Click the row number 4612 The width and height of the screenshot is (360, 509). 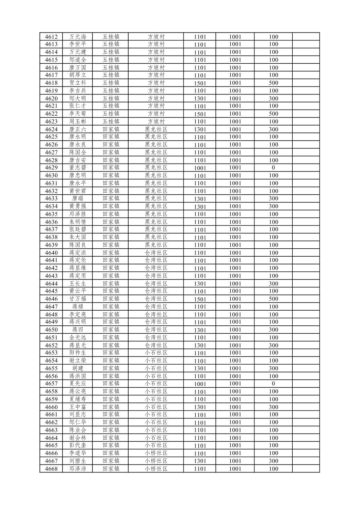(x=51, y=37)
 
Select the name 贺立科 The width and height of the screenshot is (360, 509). (x=78, y=83)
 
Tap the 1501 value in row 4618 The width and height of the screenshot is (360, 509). (x=200, y=83)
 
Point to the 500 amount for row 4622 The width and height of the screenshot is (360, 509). (x=273, y=114)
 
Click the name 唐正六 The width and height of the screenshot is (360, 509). (x=78, y=129)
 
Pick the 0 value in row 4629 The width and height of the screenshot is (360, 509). (x=273, y=168)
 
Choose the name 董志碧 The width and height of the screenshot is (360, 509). (x=78, y=168)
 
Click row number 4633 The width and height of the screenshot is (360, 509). (x=51, y=198)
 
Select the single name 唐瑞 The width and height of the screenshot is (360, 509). (x=78, y=198)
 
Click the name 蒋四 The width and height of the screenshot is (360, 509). (x=78, y=330)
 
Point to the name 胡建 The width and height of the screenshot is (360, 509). (x=78, y=368)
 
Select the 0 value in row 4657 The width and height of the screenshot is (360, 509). (x=273, y=384)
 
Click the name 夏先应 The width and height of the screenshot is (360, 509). (x=78, y=384)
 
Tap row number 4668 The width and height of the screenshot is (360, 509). (x=51, y=469)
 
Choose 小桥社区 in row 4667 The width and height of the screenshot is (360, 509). (x=156, y=461)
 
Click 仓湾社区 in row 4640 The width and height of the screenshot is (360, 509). (x=156, y=253)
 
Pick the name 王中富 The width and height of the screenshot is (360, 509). (x=78, y=407)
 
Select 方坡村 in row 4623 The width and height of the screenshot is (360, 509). (x=156, y=121)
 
